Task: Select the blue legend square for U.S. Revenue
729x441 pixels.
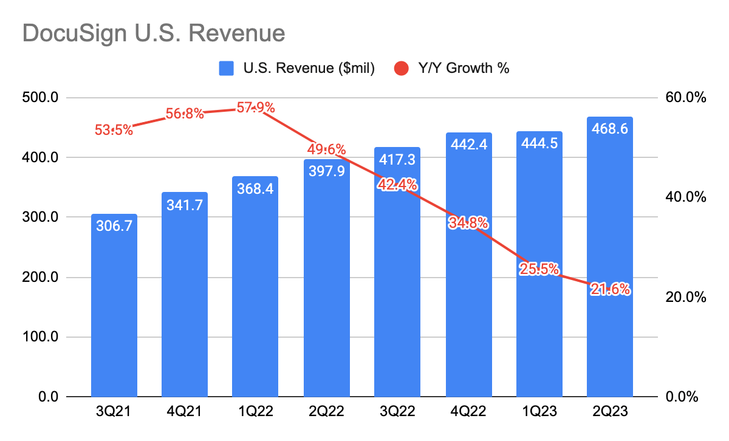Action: (x=227, y=69)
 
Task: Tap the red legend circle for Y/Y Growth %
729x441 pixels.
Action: (x=402, y=69)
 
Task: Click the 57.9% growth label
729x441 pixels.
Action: (x=256, y=109)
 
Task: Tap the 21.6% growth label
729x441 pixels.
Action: (x=609, y=290)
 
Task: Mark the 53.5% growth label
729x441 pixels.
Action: (x=114, y=130)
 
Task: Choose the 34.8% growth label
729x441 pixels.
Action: (x=468, y=223)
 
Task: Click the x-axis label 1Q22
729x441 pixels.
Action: (x=256, y=412)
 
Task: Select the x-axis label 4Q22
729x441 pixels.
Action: (x=468, y=412)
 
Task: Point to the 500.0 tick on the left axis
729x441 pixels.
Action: (x=41, y=98)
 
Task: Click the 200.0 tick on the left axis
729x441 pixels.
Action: (x=41, y=278)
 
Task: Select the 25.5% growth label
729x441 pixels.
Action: (x=539, y=269)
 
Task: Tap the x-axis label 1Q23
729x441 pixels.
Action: (x=539, y=412)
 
